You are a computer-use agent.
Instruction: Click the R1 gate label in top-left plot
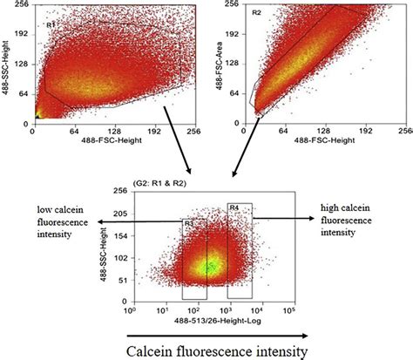click(51, 25)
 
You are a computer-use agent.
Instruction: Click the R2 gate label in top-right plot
click(257, 14)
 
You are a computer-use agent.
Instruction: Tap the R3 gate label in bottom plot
click(187, 224)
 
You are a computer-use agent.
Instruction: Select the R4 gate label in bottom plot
click(234, 207)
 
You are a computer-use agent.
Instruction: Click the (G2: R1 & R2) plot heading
click(161, 184)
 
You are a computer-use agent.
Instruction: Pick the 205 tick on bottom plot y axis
click(119, 213)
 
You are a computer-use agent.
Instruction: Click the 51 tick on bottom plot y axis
click(121, 280)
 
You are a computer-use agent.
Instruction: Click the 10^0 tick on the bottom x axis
click(132, 309)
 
